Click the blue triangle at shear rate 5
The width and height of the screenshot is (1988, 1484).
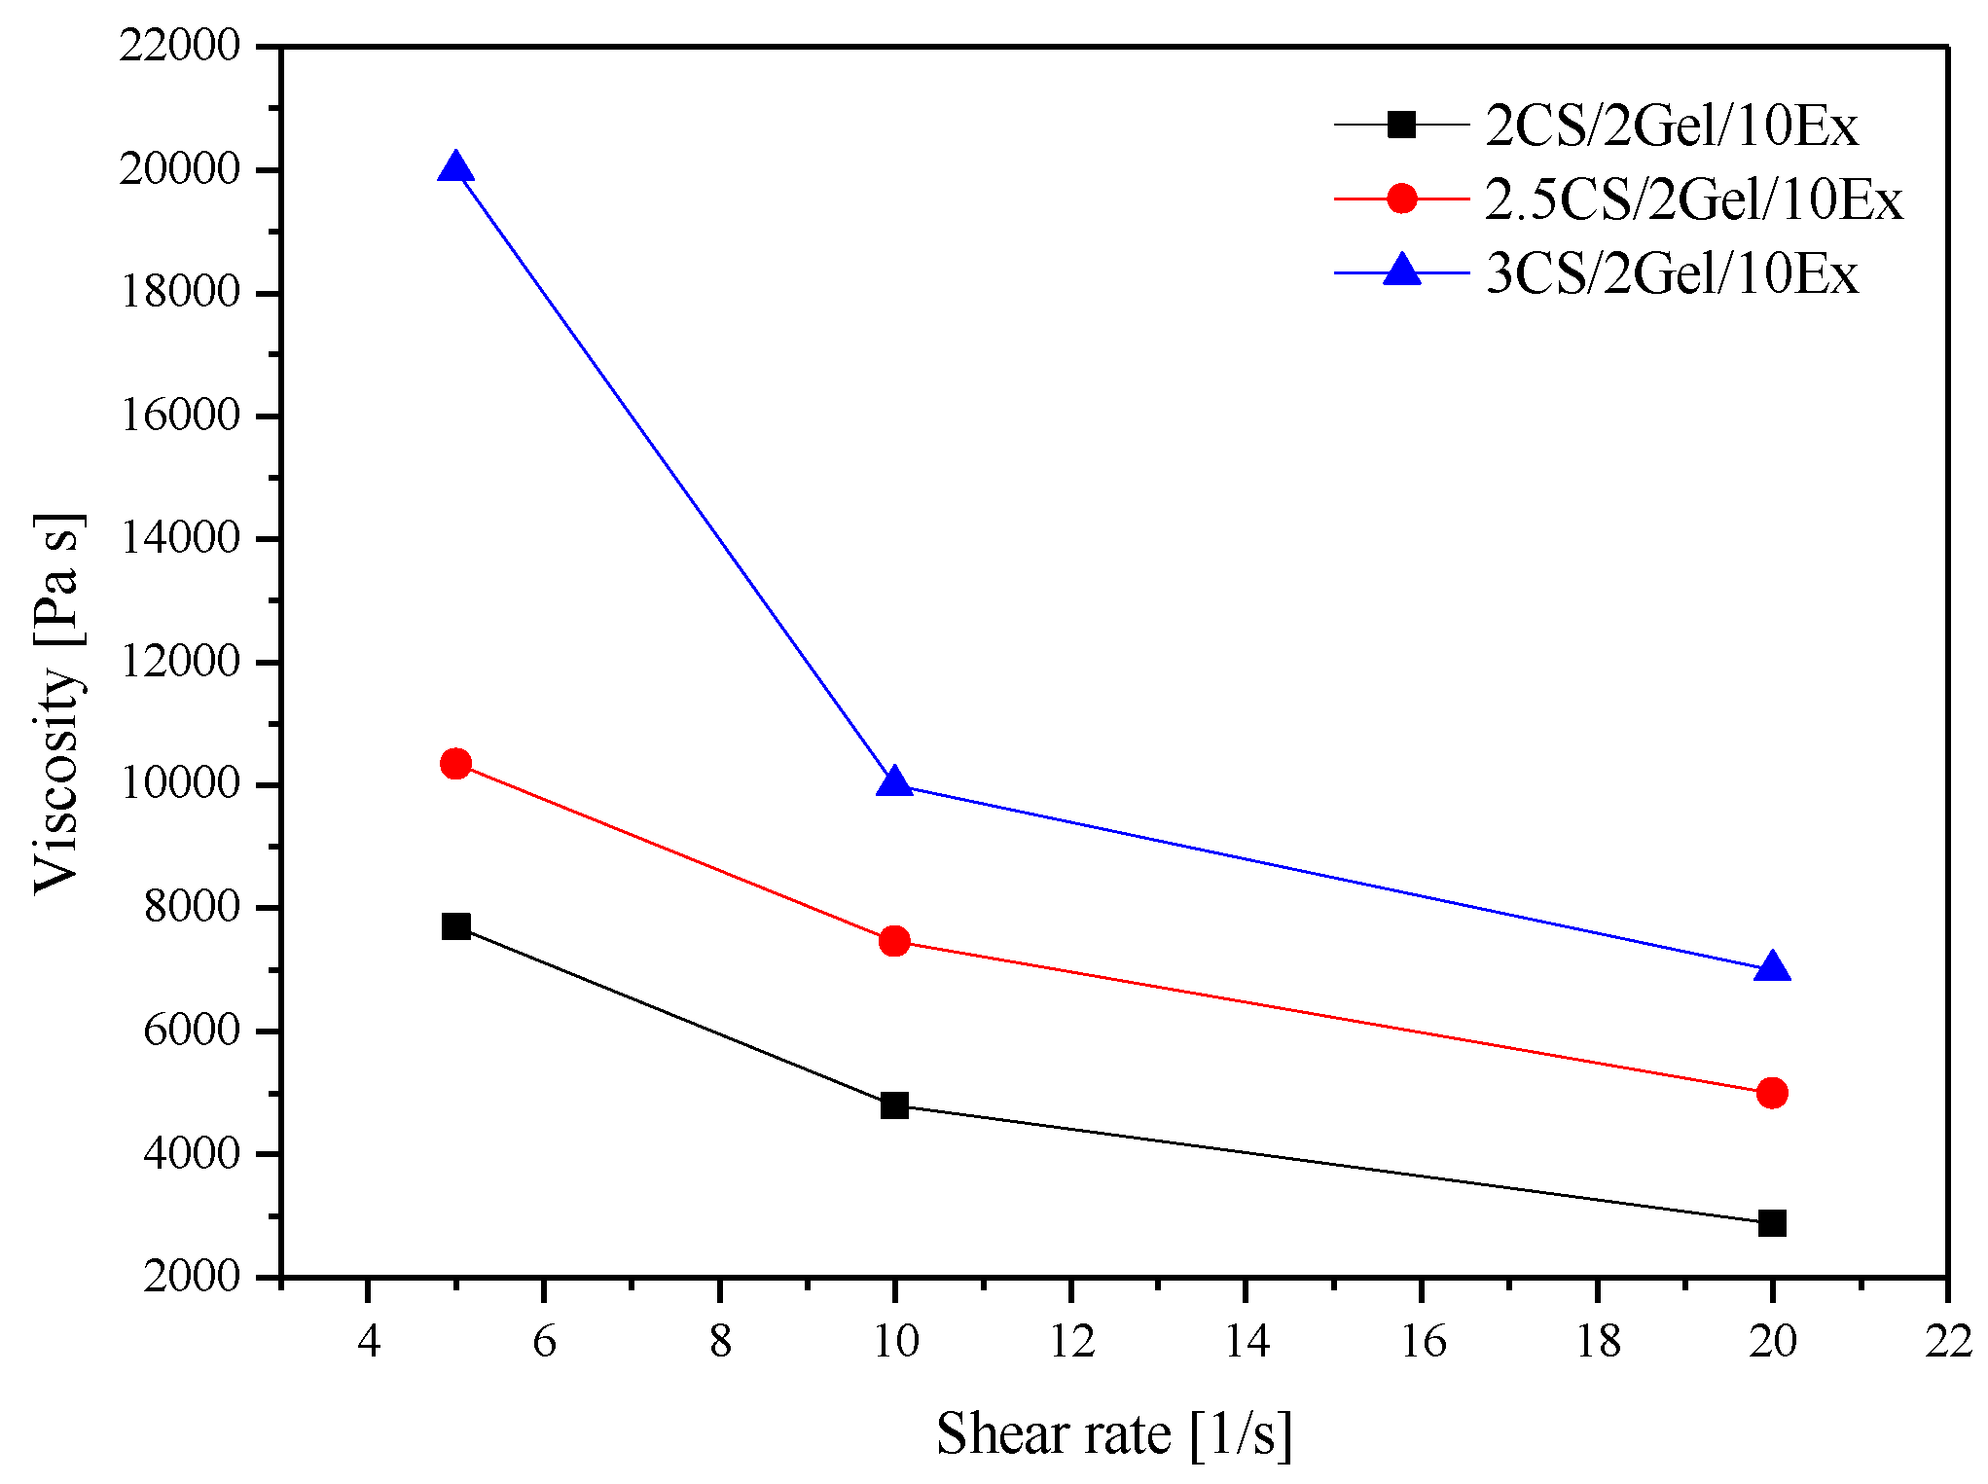[x=455, y=169]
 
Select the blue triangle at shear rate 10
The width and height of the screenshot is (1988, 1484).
[x=894, y=783]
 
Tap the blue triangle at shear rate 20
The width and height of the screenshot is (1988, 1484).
[x=1772, y=968]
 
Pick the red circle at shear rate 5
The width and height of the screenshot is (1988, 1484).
[x=455, y=764]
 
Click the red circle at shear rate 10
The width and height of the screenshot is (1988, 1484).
[x=894, y=941]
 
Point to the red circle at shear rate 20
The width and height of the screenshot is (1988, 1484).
[x=1772, y=1093]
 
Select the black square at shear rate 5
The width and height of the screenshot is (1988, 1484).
[x=455, y=925]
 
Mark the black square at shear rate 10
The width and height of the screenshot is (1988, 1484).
[x=894, y=1105]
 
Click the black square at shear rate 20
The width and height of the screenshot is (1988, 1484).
[x=1772, y=1223]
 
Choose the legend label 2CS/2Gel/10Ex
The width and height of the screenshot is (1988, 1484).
[x=1671, y=127]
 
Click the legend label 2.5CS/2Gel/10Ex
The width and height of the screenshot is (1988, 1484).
[x=1693, y=200]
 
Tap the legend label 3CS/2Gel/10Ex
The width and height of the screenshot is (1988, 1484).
[x=1671, y=274]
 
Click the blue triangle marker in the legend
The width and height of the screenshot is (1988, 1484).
[x=1401, y=271]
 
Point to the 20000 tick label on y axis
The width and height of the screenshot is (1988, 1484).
[x=179, y=169]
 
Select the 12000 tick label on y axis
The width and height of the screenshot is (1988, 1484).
[x=179, y=662]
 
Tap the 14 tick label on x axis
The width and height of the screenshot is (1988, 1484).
[x=1247, y=1342]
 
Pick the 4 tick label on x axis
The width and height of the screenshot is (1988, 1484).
[x=368, y=1342]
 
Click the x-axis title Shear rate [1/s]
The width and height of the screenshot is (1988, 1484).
[x=1114, y=1434]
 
